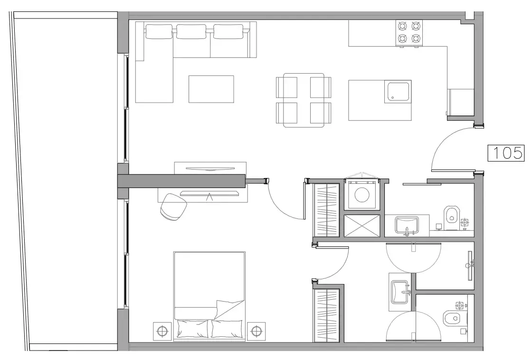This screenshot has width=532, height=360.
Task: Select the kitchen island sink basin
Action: [x=398, y=92]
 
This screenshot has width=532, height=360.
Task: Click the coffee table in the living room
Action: [x=211, y=89]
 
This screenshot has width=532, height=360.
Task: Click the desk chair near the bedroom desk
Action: [x=173, y=207]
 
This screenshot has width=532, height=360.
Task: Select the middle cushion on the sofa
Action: [x=191, y=32]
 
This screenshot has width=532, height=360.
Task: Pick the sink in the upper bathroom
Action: [x=407, y=224]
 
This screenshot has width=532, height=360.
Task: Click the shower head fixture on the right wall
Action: [x=470, y=265]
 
